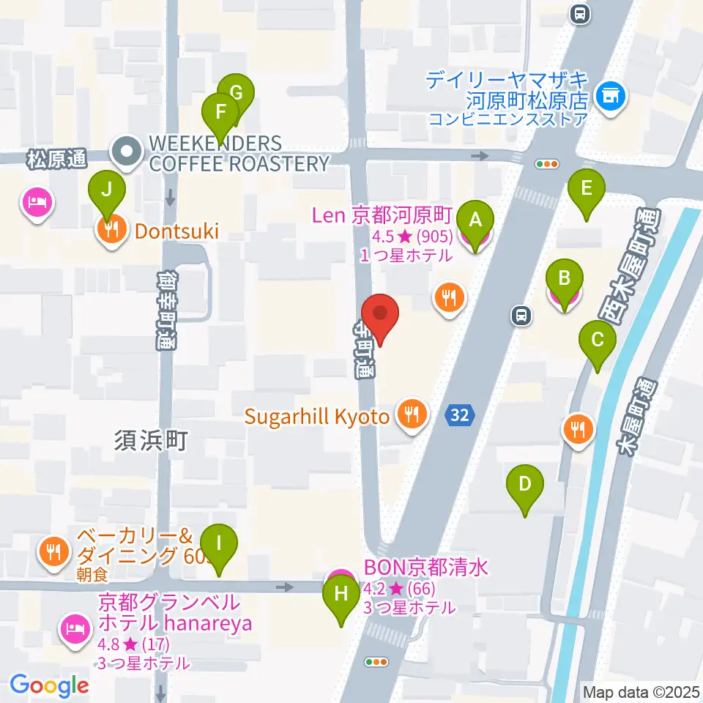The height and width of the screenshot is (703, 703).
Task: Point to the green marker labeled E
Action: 587,189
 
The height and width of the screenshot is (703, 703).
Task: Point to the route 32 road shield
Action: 459,415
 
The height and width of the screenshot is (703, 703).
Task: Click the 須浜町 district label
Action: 151,441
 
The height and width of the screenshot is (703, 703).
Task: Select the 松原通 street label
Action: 56,157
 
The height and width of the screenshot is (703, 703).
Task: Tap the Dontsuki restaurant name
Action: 176,231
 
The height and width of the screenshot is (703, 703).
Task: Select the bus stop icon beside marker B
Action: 521,316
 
